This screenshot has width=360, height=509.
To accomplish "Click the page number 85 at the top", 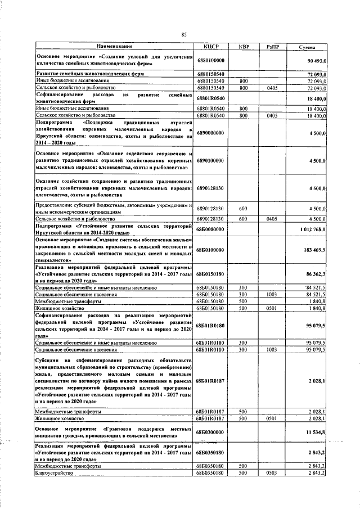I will click(x=183, y=35).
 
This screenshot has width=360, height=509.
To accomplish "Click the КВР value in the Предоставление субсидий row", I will click(x=244, y=208).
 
